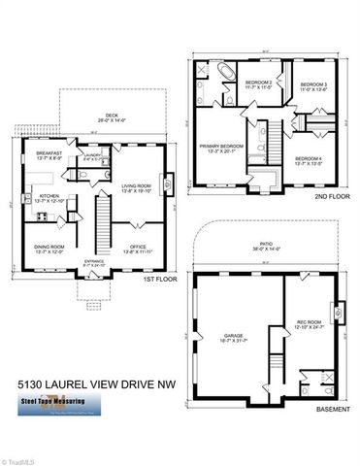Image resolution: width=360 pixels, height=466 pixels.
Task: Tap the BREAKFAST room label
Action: (49, 154)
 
